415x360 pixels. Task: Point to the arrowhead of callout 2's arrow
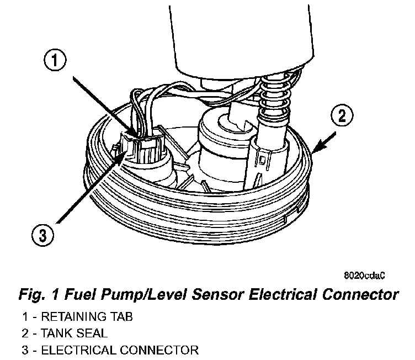(x=313, y=150)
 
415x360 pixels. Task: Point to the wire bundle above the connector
(x=146, y=108)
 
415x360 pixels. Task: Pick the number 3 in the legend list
(x=26, y=350)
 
